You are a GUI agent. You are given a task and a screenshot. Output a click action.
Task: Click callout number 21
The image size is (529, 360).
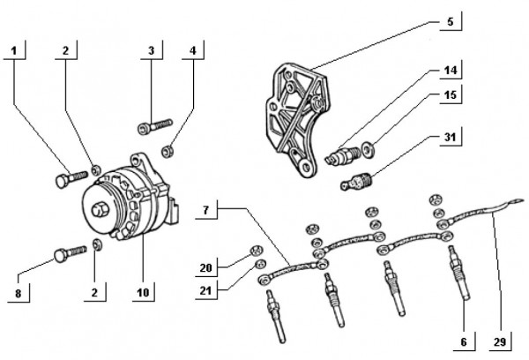coord(205,289)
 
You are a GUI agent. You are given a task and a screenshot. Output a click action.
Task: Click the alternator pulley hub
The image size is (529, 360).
coord(99,211)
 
